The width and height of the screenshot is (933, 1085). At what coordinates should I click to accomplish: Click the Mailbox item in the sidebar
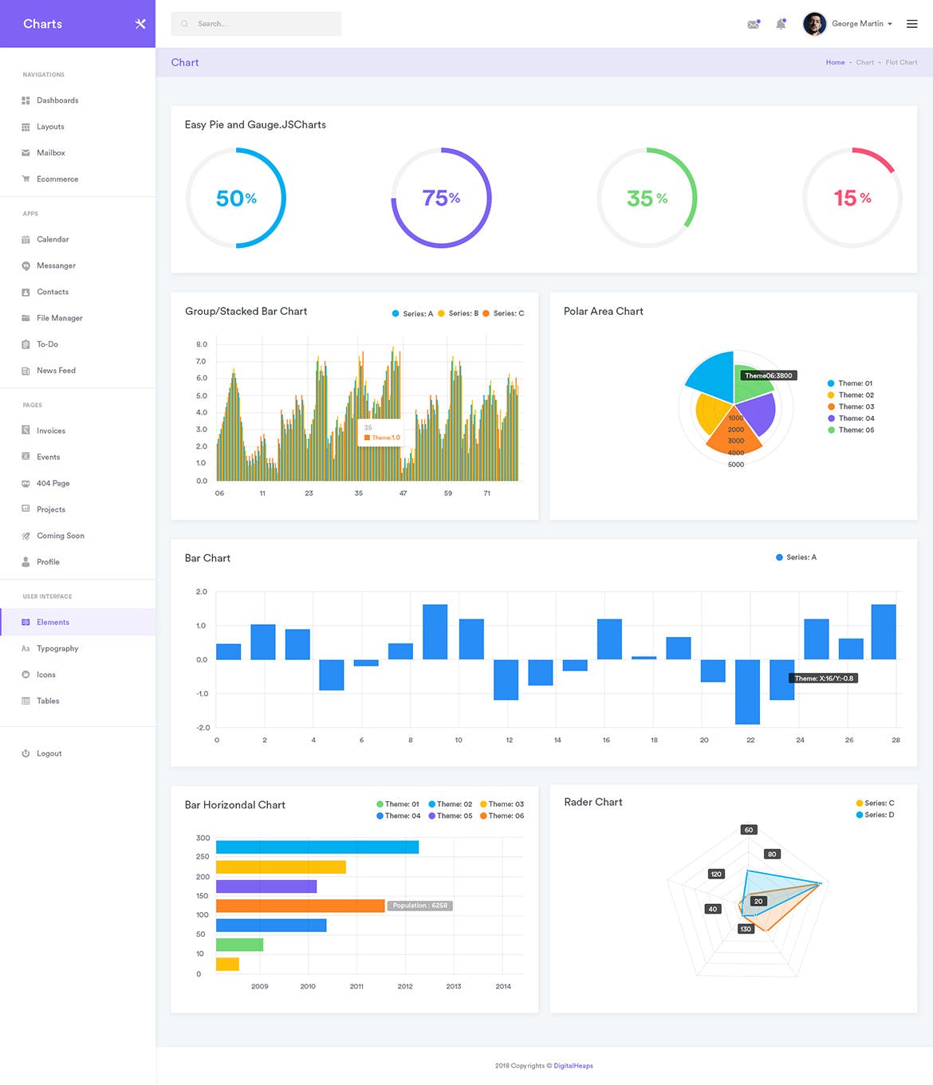[50, 153]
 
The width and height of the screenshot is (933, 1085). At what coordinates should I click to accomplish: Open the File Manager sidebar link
[59, 318]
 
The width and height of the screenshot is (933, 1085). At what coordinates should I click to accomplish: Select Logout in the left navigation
[49, 753]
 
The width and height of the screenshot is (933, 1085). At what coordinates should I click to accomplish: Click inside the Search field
[256, 24]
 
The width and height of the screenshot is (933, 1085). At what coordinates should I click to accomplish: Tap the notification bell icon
[781, 24]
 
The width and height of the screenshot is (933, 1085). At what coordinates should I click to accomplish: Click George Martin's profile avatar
[813, 24]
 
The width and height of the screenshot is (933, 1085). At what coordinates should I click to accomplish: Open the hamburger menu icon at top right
[911, 24]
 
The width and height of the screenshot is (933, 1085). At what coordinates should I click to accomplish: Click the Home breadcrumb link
[835, 62]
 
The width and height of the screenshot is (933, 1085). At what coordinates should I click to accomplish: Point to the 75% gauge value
[441, 198]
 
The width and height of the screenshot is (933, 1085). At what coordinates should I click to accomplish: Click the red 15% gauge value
[852, 198]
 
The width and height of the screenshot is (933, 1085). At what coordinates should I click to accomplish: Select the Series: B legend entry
[463, 313]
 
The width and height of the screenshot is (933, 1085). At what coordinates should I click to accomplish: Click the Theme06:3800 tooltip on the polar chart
[769, 375]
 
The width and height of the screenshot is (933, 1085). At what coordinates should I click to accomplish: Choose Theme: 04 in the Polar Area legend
[856, 419]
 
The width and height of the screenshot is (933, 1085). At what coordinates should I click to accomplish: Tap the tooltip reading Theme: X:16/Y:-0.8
[824, 678]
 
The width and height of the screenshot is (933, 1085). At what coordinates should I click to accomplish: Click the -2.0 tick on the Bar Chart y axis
[203, 727]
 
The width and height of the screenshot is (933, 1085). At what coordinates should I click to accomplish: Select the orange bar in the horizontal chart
[300, 906]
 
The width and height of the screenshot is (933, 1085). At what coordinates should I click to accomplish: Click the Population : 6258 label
[419, 906]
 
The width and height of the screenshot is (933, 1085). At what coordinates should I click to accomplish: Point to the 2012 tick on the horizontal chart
[405, 986]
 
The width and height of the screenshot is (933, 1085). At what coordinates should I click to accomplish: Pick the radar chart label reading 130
[746, 929]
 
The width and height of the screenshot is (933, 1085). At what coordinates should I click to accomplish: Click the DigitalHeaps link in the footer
[573, 1066]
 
